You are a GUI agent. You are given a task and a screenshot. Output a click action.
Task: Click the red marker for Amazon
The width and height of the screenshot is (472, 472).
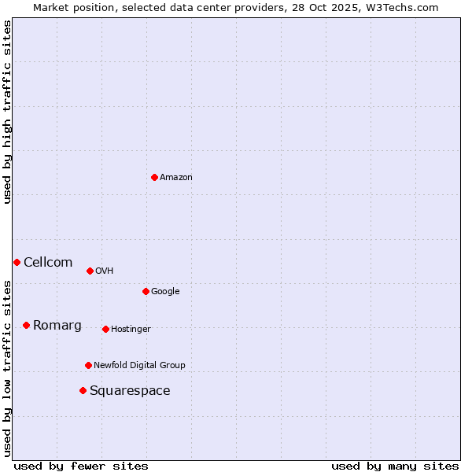154,177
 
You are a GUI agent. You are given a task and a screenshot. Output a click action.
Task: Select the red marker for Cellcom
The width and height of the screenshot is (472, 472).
17,262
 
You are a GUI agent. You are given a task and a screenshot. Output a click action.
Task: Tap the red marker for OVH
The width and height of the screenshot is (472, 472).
90,271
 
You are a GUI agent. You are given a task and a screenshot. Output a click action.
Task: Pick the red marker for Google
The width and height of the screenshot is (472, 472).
146,291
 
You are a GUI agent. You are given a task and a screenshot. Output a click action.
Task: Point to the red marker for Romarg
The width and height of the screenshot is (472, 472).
26,325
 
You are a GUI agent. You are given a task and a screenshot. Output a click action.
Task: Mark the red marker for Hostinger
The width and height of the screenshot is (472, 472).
105,329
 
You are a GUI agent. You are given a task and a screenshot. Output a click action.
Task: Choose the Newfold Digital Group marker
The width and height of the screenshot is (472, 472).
88,365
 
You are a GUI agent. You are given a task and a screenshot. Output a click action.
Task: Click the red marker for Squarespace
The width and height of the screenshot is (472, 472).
83,390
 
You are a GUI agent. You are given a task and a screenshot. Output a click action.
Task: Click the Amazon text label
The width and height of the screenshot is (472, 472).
176,177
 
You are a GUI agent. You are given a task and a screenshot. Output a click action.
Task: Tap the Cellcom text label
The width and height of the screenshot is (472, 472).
48,262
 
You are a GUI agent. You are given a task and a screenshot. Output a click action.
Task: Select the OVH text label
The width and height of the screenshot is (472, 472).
105,271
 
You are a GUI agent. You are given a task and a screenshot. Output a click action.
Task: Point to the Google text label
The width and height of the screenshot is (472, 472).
165,291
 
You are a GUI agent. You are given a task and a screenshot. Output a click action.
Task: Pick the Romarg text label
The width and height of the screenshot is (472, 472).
57,325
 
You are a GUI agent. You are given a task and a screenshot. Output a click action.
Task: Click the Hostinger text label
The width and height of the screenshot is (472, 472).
131,329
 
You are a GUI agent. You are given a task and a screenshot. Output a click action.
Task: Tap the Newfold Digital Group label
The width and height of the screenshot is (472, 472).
139,365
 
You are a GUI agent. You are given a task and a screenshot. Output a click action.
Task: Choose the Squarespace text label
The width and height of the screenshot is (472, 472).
130,390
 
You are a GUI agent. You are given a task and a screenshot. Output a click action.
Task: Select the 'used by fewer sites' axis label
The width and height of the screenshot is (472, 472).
81,466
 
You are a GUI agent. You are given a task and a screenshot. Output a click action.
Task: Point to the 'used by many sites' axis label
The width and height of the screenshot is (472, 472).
395,466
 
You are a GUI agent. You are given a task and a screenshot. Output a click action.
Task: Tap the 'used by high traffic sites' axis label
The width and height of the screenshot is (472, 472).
7,112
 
